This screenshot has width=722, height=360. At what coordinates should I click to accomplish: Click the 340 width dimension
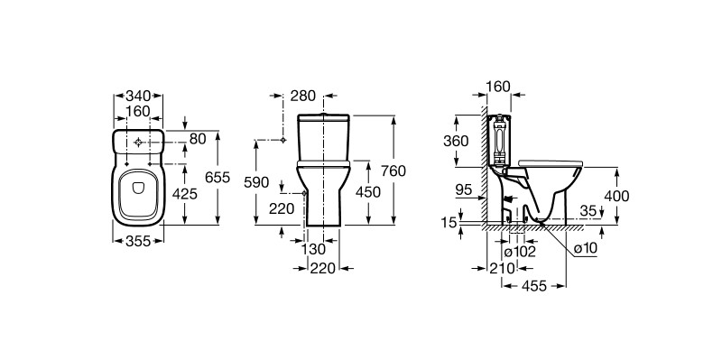point(138,97)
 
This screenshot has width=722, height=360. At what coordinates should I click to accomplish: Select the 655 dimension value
point(218,177)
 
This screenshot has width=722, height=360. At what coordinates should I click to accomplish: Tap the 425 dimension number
point(185,194)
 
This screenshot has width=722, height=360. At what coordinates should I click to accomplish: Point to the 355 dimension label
point(138,241)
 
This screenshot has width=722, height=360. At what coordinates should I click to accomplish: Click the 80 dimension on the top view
point(198,139)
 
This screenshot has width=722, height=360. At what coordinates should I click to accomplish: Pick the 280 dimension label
point(303,97)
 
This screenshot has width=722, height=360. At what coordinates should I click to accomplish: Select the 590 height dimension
point(256,183)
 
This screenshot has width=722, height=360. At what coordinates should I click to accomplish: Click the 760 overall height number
point(393,171)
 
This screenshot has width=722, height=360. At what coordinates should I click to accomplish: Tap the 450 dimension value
point(368,192)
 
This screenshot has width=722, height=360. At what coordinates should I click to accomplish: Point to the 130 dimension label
point(313,250)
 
